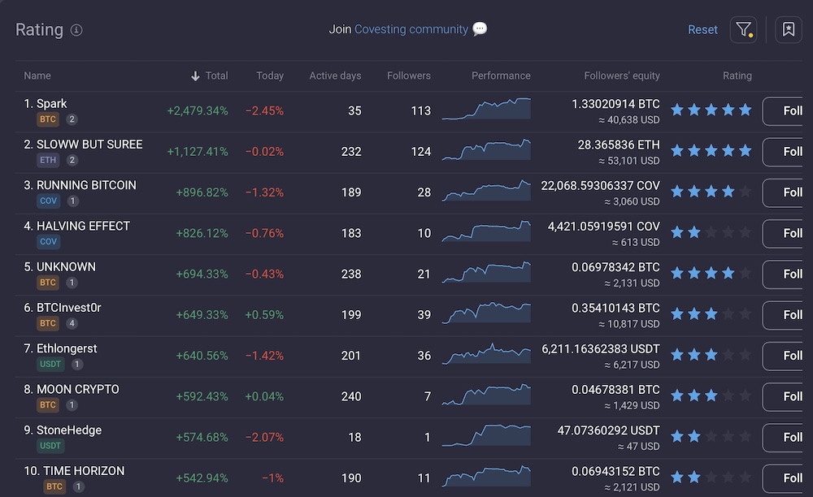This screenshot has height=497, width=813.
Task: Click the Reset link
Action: [702, 29]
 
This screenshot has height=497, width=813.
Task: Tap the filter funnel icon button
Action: [743, 30]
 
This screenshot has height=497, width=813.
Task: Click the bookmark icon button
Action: [788, 30]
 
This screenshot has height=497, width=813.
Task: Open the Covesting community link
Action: [411, 29]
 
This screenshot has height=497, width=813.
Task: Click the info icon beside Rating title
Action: [76, 30]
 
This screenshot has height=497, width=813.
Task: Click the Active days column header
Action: [335, 76]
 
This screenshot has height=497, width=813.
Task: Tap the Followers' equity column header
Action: [622, 76]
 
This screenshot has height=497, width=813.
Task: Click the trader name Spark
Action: [51, 103]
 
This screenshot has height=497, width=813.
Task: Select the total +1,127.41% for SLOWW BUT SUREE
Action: [198, 152]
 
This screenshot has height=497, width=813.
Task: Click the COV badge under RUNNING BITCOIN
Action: [49, 201]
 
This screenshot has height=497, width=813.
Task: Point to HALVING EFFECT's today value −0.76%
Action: [264, 233]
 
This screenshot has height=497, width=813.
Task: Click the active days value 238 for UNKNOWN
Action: [351, 274]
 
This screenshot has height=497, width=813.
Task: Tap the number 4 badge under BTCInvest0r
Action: [72, 323]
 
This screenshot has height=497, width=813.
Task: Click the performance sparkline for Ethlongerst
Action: [486, 354]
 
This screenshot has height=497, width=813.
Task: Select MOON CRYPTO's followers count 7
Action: [427, 396]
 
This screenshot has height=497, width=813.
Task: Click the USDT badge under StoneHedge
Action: [50, 446]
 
